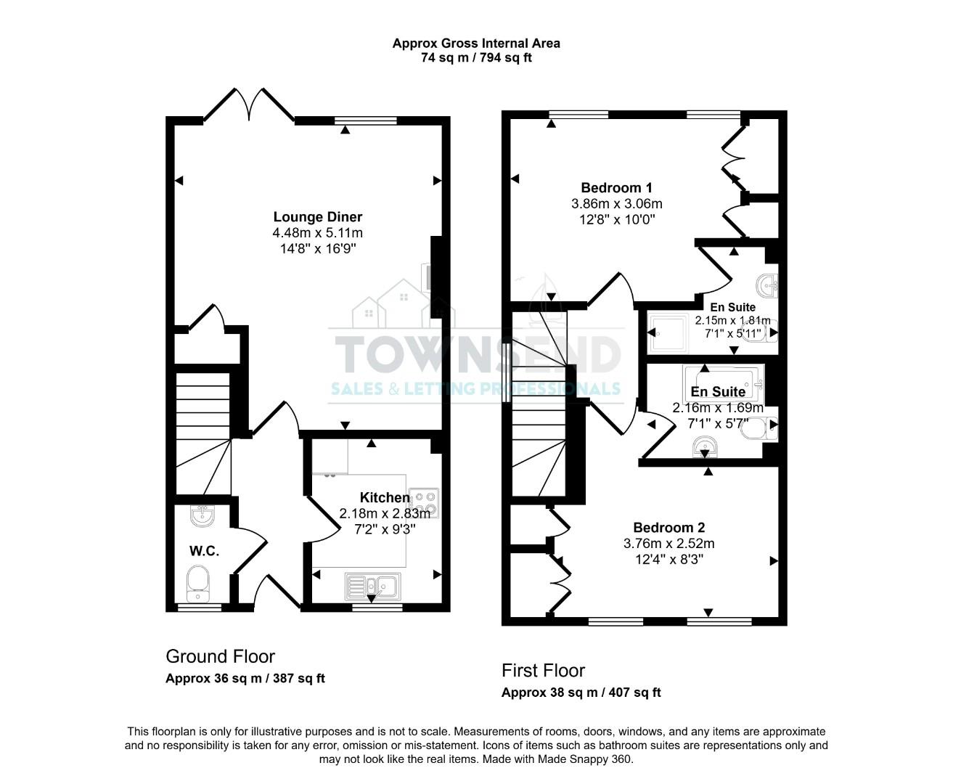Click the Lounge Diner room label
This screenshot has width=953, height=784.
317,217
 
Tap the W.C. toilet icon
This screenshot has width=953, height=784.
197,584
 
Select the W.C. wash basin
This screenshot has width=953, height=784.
202,515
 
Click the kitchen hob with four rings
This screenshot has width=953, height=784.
424,502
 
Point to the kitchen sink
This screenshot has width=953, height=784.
372,585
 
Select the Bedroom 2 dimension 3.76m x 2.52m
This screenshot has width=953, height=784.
668,544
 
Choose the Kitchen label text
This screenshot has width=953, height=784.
385,497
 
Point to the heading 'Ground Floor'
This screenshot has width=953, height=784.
220,656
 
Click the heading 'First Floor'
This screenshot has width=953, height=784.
543,670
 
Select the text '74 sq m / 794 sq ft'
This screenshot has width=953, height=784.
476,58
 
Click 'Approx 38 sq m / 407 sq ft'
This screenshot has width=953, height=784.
581,693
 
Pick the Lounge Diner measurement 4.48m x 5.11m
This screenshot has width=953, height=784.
317,233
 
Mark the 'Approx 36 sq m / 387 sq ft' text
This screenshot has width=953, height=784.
245,679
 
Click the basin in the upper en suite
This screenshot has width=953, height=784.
767,286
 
